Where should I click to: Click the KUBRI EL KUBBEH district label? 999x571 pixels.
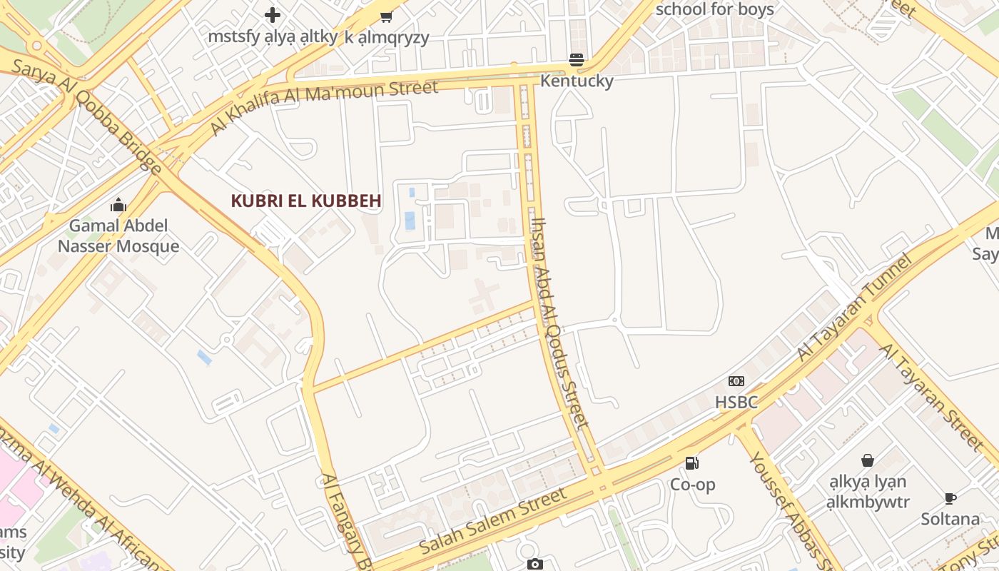[x=305, y=201]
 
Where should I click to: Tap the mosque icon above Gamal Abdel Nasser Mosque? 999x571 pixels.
[x=118, y=206]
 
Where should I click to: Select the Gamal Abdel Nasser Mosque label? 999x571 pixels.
[x=118, y=236]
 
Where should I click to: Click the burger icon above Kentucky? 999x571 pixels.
[x=577, y=60]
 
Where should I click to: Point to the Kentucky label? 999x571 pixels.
[x=577, y=81]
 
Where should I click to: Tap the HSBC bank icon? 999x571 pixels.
[x=736, y=382]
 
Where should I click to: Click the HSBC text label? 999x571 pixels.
[x=736, y=403]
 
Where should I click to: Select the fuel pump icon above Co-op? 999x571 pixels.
[x=691, y=463]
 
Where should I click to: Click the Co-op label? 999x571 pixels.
[x=691, y=485]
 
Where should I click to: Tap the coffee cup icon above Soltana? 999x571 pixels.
[x=950, y=498]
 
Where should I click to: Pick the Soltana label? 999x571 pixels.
[x=950, y=519]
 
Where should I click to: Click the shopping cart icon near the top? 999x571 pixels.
[x=386, y=16]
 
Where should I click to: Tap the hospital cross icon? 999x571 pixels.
[x=273, y=14]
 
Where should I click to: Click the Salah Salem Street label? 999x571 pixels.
[x=493, y=522]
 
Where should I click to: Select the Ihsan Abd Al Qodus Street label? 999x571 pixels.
[x=562, y=323]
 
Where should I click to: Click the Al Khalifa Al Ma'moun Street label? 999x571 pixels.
[x=324, y=106]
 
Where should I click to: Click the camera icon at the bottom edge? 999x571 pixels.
[x=534, y=565]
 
